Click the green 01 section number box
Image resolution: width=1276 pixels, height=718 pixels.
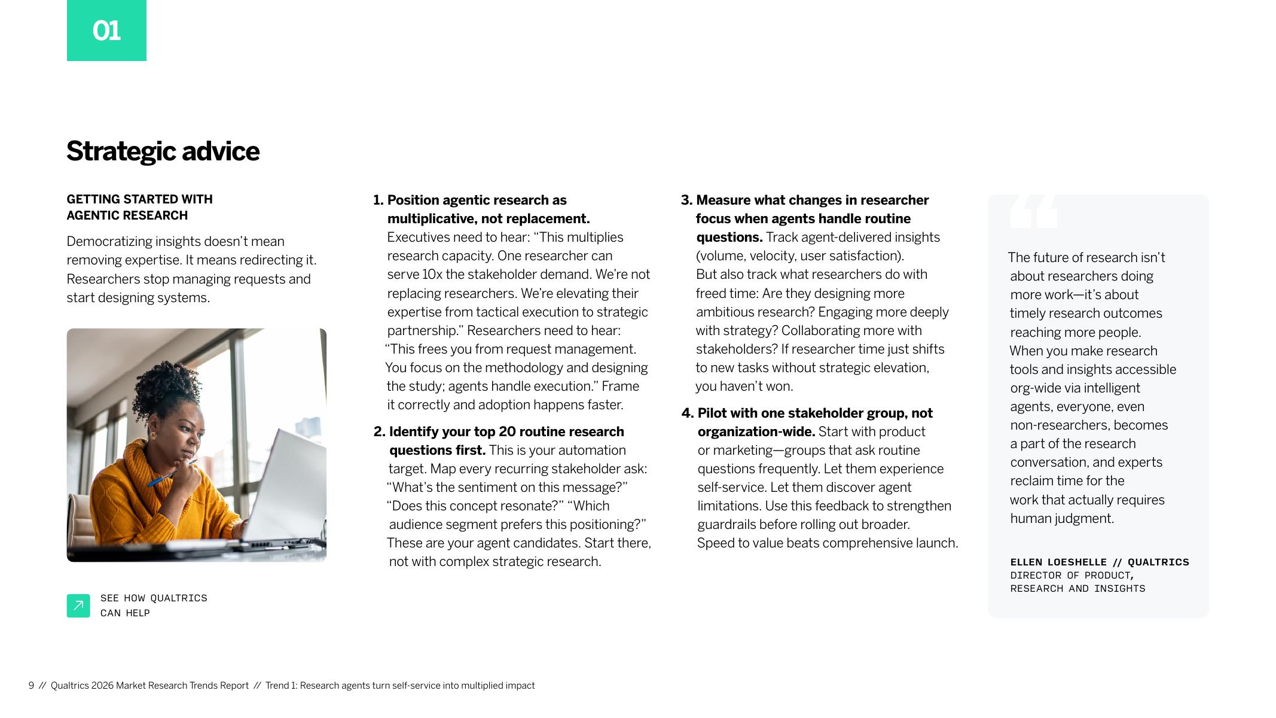coord(106,31)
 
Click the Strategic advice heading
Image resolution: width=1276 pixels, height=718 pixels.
coord(163,151)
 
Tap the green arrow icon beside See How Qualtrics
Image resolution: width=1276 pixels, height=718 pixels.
coord(78,606)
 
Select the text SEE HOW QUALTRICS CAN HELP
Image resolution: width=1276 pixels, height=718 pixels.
coord(154,606)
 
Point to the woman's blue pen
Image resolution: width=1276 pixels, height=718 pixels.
coord(170,474)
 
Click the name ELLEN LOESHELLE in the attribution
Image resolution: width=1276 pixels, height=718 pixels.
coord(1058,562)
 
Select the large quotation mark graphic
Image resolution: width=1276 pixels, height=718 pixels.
coord(1033,212)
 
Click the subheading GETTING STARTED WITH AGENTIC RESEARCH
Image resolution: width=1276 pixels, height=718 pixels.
coord(139,207)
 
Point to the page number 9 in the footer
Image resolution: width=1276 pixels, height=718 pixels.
coord(31,686)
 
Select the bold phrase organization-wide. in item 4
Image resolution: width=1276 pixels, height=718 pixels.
coord(756,432)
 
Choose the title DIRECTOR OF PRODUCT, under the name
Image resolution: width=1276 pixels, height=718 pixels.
coord(1072,576)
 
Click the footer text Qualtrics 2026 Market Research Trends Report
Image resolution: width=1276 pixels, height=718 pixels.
coord(149,686)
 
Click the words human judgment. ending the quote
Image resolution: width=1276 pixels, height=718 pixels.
coord(1062,519)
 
